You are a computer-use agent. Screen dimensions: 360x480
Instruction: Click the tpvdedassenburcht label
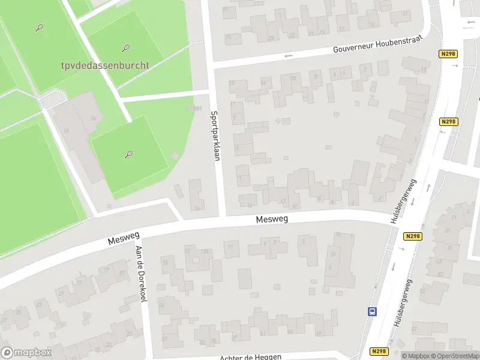click(x=104, y=65)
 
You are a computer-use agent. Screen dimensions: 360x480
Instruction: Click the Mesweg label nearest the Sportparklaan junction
click(x=272, y=220)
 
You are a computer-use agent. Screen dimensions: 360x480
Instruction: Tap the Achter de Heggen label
click(x=251, y=357)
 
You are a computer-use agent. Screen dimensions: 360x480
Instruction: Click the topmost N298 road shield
click(x=448, y=54)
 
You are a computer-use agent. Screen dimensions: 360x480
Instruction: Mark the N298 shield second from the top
click(x=448, y=122)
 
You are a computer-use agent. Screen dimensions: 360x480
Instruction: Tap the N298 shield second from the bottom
click(x=412, y=236)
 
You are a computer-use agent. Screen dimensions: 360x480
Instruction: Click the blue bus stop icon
click(x=373, y=311)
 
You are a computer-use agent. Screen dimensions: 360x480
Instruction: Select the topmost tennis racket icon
click(x=40, y=27)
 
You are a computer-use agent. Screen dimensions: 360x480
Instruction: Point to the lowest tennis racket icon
click(x=128, y=154)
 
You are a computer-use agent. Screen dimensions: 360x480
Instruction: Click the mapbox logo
click(x=26, y=352)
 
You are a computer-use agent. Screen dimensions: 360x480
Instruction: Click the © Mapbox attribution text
click(x=416, y=356)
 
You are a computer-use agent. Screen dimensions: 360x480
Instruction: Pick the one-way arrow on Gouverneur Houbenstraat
click(x=289, y=56)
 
